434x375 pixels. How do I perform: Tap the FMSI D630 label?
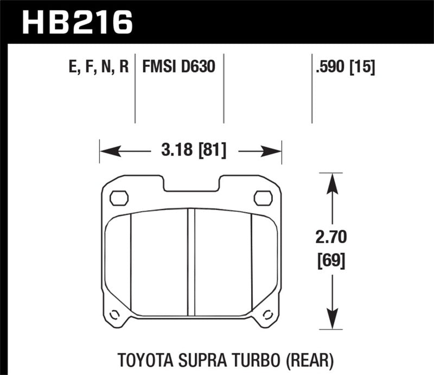(x=178, y=68)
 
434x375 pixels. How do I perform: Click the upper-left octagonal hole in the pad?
(x=118, y=198)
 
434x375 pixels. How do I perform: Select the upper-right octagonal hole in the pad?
(x=263, y=198)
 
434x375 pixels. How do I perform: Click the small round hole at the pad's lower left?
(x=114, y=314)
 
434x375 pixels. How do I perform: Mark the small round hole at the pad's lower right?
(x=267, y=314)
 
